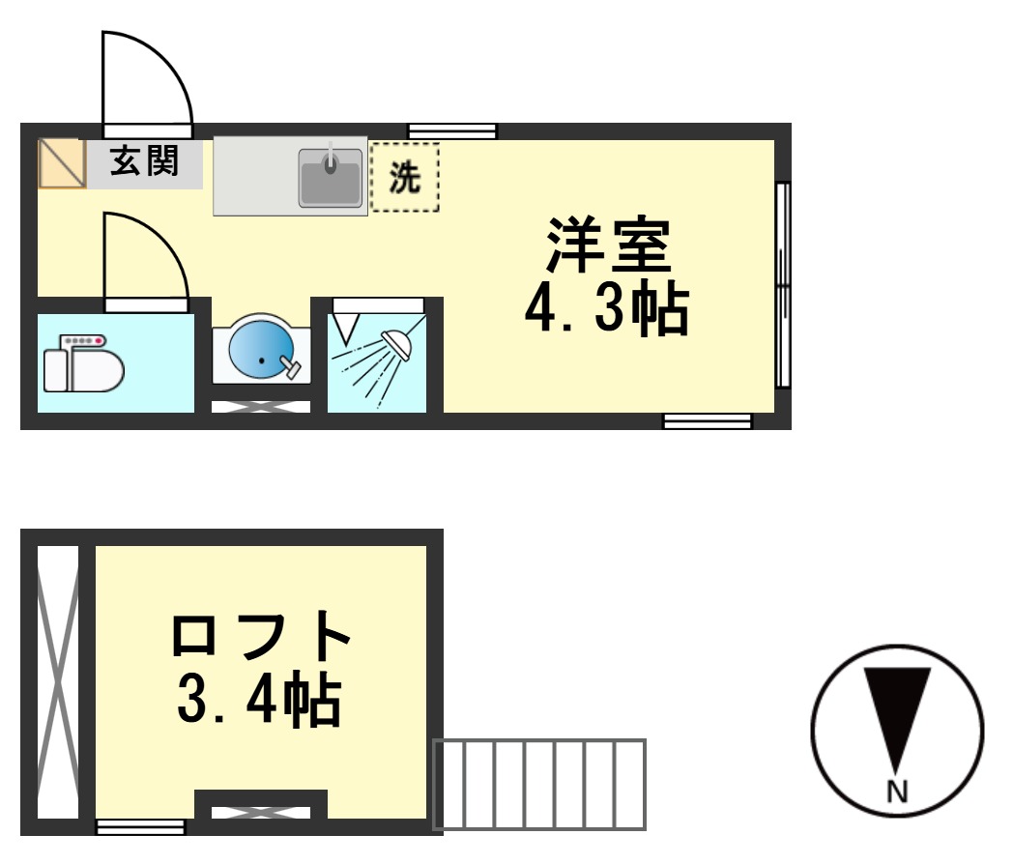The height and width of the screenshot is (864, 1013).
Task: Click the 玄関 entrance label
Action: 145,160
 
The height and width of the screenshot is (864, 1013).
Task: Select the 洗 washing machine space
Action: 405,176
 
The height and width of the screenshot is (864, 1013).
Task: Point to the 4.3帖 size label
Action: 607,310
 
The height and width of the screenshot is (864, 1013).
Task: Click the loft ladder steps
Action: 539,784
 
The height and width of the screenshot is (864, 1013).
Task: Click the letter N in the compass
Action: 898,792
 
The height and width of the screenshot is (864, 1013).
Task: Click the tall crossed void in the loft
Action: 57,681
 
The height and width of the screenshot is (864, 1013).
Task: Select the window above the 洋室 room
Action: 452,130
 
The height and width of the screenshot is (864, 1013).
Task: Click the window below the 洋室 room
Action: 707,420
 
